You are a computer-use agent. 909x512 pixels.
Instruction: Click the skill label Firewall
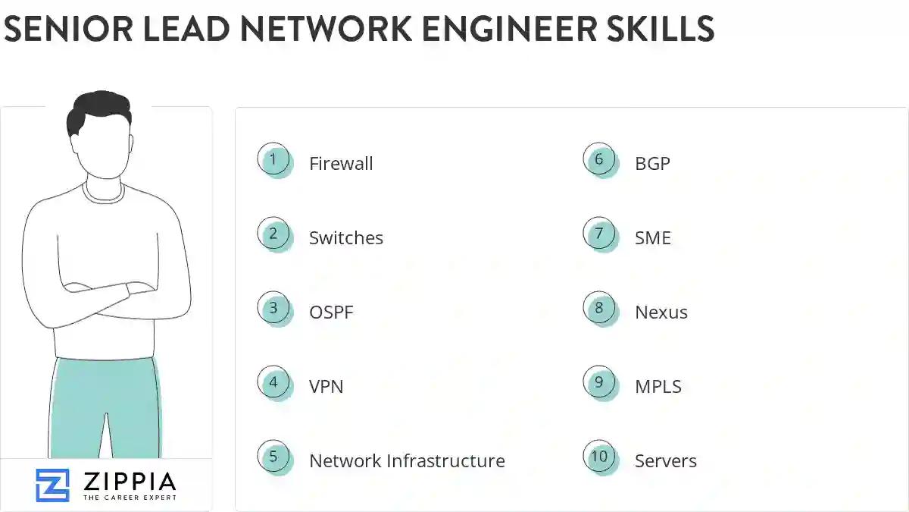click(x=341, y=163)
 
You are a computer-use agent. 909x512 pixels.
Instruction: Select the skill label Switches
click(x=346, y=237)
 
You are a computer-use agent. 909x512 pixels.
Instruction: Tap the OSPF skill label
click(x=331, y=312)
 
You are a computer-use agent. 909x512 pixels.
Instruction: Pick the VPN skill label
click(x=326, y=386)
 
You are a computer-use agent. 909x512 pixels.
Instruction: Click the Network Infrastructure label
click(x=407, y=460)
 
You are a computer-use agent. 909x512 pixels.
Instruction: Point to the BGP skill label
click(x=652, y=163)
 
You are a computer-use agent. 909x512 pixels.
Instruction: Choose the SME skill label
click(x=653, y=237)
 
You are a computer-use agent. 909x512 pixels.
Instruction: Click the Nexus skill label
click(x=661, y=312)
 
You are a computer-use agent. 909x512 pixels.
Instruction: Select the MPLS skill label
click(x=658, y=386)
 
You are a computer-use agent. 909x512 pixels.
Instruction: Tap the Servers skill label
click(x=666, y=460)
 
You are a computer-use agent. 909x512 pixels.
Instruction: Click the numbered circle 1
click(x=273, y=160)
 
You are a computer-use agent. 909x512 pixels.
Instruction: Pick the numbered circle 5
click(x=273, y=457)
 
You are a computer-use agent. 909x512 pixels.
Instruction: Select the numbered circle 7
click(x=599, y=234)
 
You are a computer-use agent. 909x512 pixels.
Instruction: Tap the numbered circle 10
click(x=599, y=457)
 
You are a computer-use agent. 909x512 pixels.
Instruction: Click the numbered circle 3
click(x=273, y=309)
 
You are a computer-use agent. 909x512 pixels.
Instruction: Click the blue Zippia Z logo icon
click(x=52, y=485)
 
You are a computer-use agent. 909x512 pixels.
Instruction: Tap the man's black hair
click(x=97, y=110)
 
